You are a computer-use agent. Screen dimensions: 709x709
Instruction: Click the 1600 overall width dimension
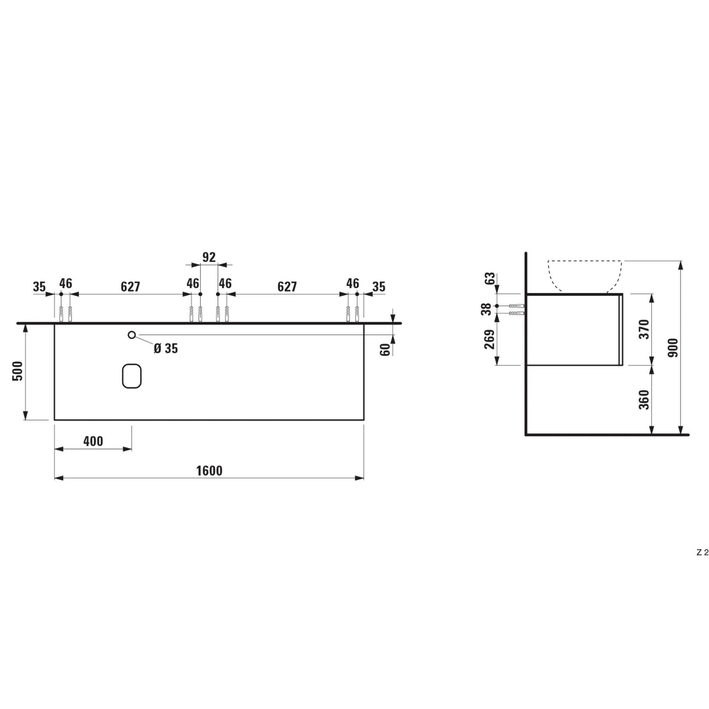209,471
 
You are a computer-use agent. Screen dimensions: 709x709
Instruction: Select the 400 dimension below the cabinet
93,441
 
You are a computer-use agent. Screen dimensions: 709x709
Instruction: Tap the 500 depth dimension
18,371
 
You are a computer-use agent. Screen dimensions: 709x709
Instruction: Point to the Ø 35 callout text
166,348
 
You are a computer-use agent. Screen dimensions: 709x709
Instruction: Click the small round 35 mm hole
132,335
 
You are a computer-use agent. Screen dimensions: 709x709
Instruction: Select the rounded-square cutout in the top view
132,376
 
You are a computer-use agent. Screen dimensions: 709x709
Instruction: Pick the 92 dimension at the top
209,257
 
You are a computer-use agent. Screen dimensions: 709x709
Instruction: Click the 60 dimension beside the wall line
385,350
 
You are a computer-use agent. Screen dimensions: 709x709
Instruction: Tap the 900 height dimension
674,348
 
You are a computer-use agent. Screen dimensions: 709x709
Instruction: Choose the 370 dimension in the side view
644,329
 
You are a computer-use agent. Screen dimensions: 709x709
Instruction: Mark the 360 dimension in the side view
644,400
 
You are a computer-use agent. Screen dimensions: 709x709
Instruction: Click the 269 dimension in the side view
490,340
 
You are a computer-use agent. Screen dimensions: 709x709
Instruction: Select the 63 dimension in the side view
490,279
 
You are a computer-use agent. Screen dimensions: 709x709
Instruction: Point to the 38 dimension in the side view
486,309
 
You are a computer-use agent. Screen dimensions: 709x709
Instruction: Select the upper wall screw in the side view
517,306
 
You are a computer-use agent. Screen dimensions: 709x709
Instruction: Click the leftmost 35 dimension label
39,286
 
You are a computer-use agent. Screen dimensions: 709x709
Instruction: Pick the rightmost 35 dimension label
379,286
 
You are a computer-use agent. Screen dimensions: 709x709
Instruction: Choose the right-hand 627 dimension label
287,286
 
